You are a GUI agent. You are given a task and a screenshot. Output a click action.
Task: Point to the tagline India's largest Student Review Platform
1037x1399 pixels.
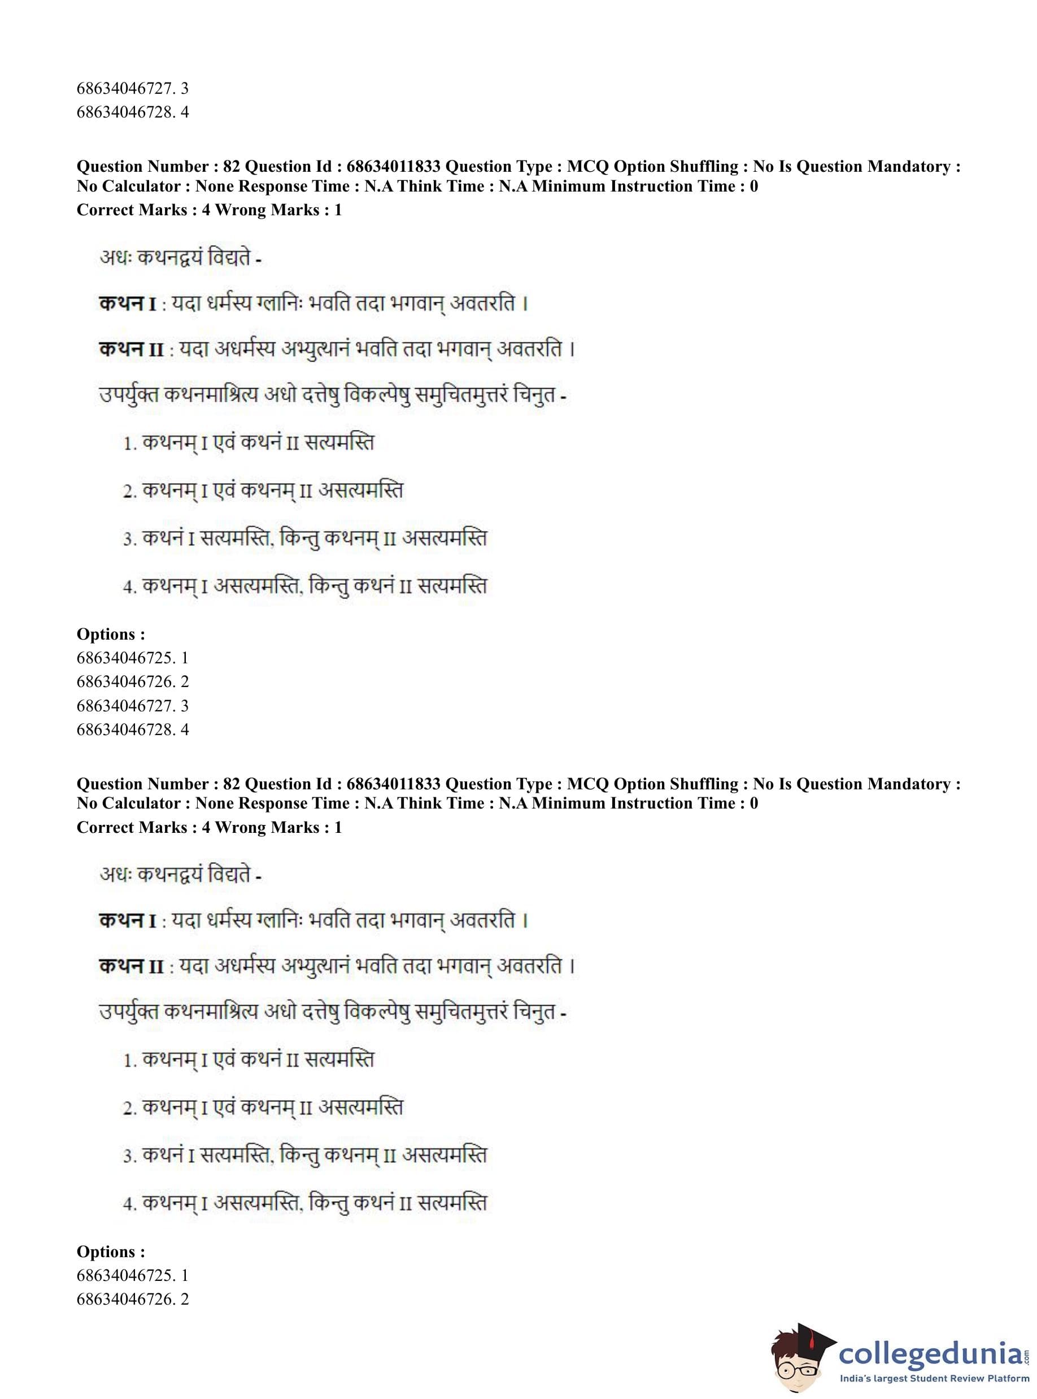tap(934, 1378)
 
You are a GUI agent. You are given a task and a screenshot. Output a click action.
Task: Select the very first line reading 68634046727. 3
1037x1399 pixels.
tap(133, 88)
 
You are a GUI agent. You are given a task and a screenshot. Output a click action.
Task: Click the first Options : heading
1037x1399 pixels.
tap(111, 634)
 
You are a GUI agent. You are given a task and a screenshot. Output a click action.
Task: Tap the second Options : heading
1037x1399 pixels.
tap(111, 1252)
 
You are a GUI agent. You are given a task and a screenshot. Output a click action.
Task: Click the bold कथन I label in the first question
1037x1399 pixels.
tap(128, 304)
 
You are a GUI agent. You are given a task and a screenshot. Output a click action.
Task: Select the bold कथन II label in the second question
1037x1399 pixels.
tap(131, 966)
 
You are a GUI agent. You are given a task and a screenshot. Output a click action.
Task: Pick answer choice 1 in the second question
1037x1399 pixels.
tap(249, 1060)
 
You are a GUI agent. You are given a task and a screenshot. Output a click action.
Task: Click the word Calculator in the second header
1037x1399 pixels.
tap(142, 803)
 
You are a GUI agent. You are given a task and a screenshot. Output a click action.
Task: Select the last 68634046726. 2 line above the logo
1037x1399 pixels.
tap(133, 1299)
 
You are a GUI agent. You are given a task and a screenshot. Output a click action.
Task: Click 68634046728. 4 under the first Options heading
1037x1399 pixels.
tap(133, 729)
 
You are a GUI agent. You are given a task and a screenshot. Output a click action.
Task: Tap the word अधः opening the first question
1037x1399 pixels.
tap(114, 258)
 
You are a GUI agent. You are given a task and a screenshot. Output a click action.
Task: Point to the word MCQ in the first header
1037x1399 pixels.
tap(587, 166)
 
